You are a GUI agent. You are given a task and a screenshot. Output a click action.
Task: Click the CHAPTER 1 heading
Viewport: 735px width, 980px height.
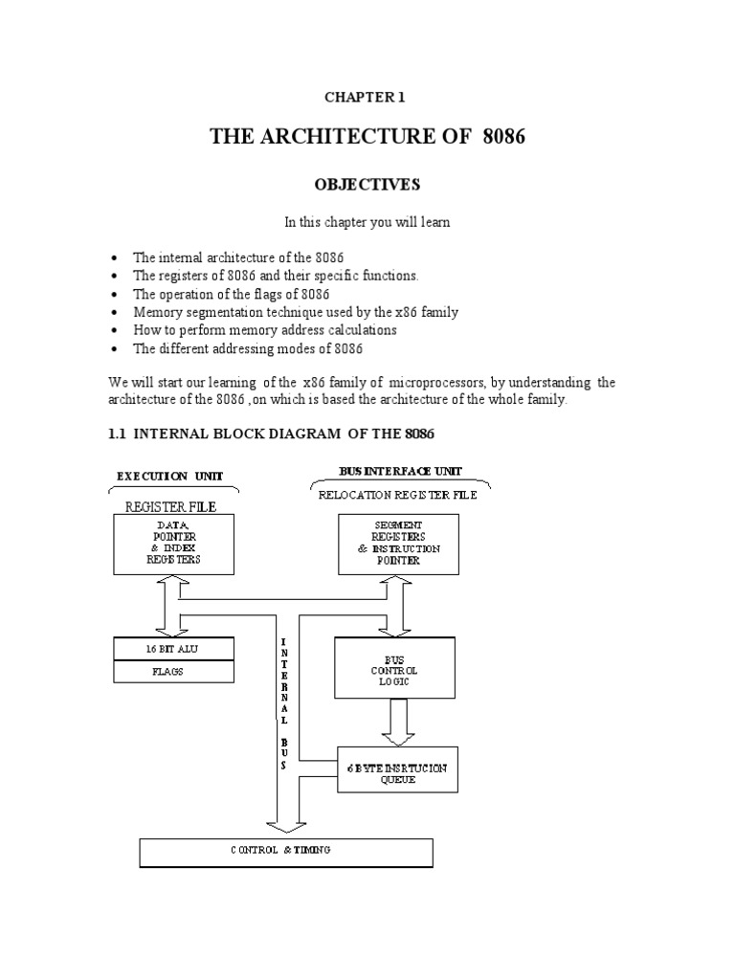click(367, 98)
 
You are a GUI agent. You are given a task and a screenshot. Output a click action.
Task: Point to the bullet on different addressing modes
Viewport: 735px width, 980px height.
click(248, 348)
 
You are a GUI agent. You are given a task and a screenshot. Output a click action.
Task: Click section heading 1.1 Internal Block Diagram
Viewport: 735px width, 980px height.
click(271, 434)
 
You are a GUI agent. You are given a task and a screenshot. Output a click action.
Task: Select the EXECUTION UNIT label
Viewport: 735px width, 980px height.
click(170, 476)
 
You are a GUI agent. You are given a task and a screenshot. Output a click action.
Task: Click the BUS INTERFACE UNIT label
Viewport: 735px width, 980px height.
click(399, 471)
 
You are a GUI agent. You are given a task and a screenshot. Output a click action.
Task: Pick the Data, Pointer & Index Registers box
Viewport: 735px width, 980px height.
click(173, 544)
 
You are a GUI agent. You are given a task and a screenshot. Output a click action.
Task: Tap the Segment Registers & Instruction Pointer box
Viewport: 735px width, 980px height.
click(398, 543)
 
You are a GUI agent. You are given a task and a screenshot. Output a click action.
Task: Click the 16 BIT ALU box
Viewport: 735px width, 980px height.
click(173, 648)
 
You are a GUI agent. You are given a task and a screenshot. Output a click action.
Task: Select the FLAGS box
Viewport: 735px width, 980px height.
click(173, 671)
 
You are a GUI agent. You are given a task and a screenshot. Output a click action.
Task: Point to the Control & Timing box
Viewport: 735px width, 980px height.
click(285, 851)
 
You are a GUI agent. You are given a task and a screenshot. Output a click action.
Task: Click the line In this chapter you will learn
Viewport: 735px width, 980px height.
click(367, 222)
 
